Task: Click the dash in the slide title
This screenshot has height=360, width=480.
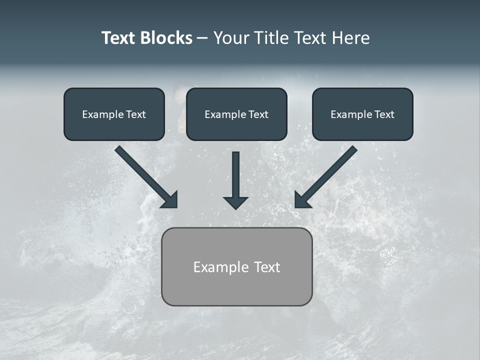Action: pyautogui.click(x=202, y=38)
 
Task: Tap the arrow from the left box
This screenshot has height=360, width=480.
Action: pyautogui.click(x=145, y=175)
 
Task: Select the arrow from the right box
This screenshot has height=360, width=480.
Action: pyautogui.click(x=327, y=175)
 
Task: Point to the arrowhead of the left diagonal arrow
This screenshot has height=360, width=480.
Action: pyautogui.click(x=170, y=200)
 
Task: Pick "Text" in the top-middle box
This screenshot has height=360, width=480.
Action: pyautogui.click(x=258, y=114)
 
